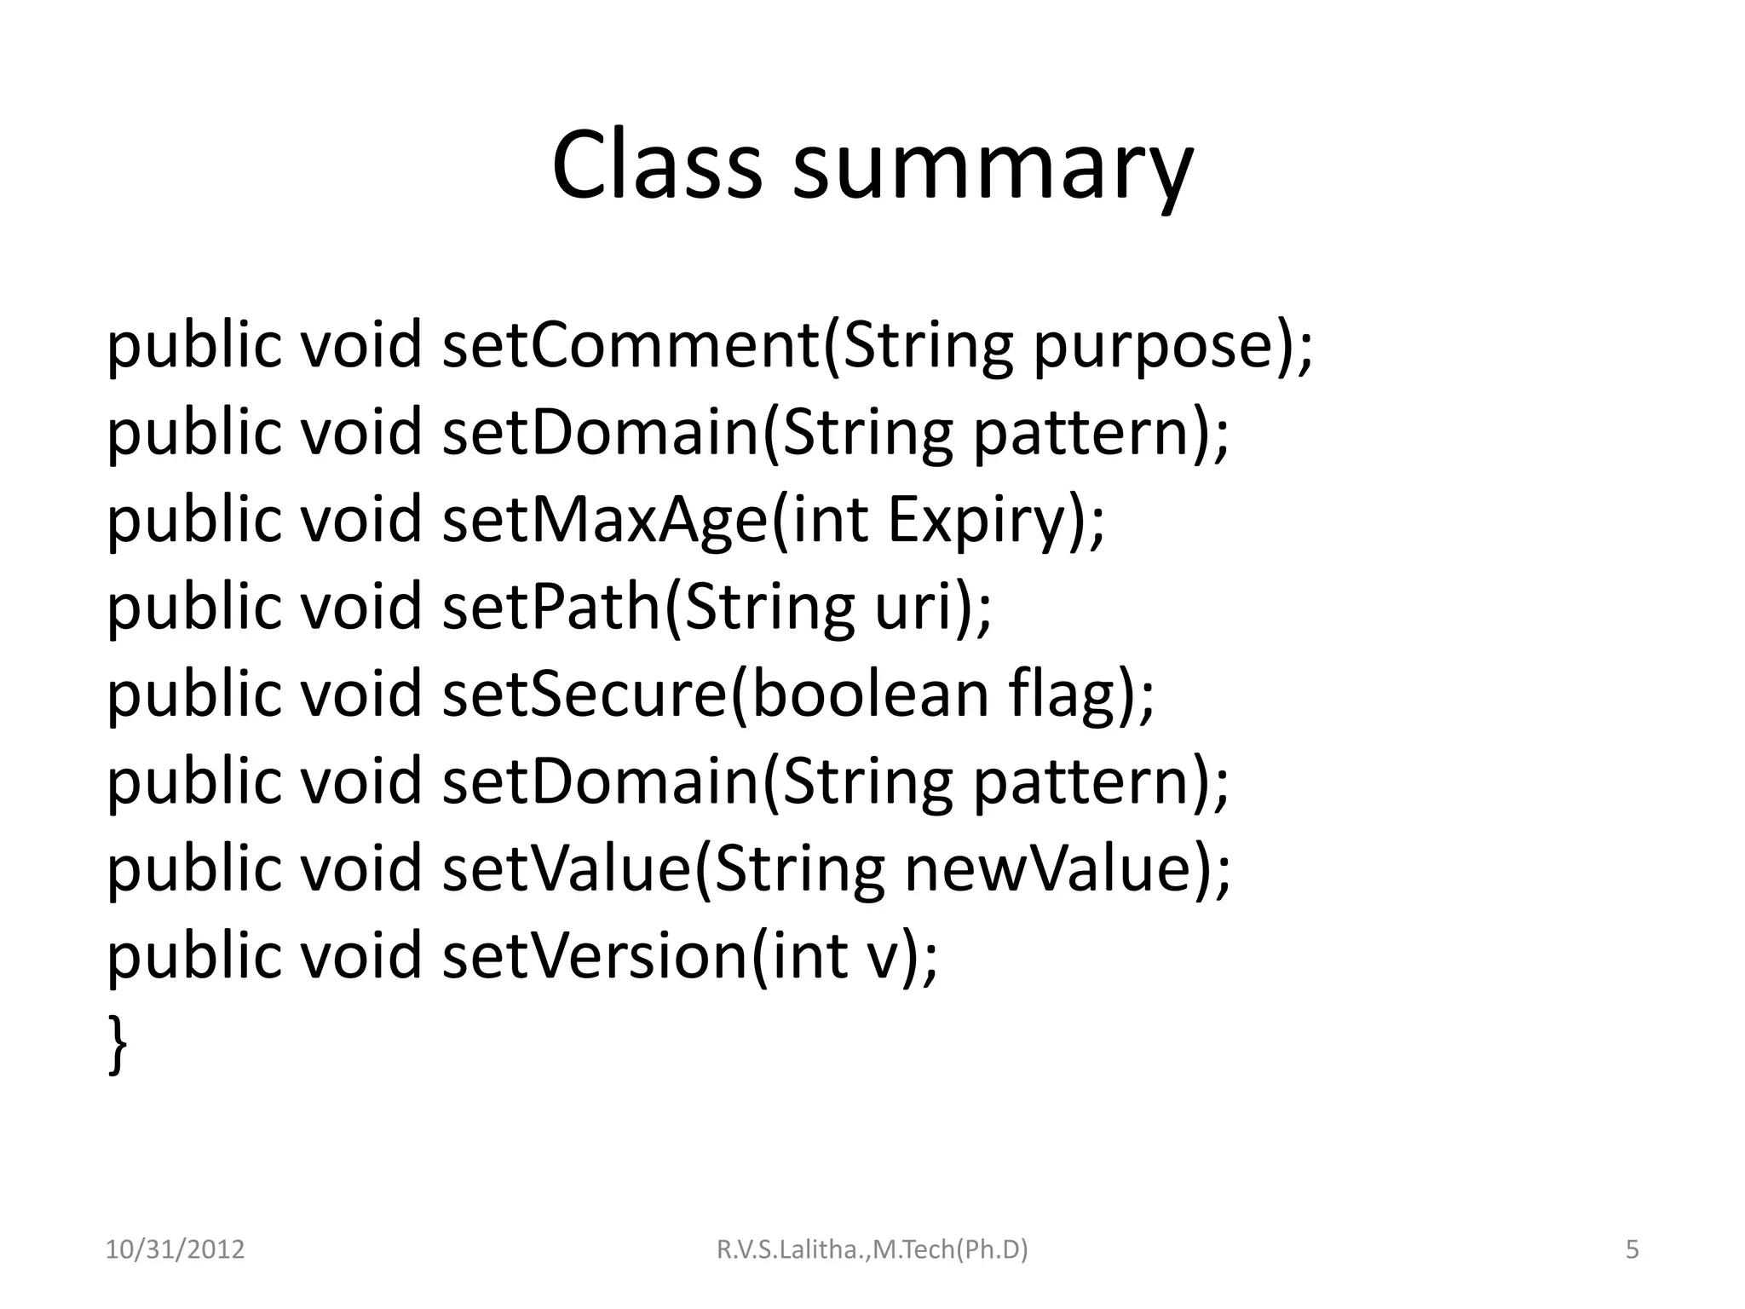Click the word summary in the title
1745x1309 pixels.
(992, 170)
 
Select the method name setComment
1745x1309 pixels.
(631, 345)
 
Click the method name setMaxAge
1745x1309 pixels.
(605, 520)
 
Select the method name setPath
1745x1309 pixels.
(552, 607)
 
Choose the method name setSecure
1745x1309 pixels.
(585, 694)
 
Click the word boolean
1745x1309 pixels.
(869, 694)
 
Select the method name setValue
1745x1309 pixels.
(567, 869)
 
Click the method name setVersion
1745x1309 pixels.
(595, 956)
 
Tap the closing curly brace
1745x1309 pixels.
(118, 1045)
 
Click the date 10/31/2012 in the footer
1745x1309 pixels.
(175, 1250)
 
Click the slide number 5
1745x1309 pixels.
(1632, 1250)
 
